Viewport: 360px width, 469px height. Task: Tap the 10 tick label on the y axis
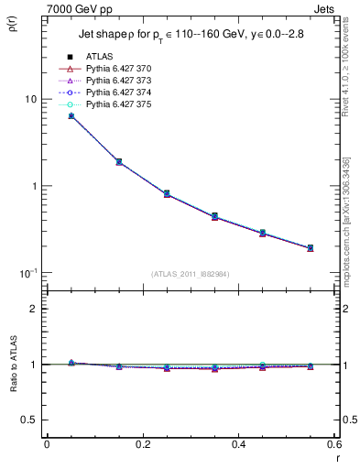29,99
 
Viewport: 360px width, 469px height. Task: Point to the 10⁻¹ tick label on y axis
27,273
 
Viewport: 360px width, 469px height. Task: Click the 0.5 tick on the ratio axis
31,420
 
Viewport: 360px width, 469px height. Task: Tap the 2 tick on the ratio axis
34,309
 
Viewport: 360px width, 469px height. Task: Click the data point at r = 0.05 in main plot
71,116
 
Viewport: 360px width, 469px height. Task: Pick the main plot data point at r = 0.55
311,247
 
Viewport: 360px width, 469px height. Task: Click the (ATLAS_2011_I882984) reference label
191,274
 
